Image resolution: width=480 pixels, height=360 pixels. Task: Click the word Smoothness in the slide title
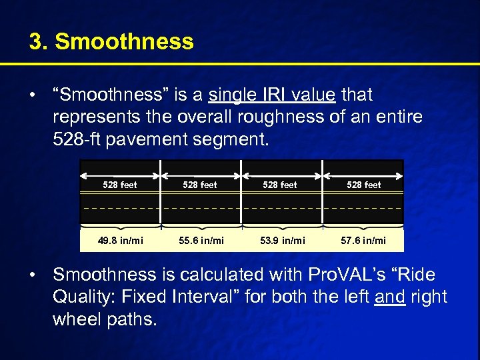click(125, 42)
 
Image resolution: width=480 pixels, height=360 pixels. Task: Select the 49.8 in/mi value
click(120, 240)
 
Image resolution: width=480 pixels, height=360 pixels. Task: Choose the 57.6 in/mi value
click(363, 240)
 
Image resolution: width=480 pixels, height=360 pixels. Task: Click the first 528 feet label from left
click(120, 185)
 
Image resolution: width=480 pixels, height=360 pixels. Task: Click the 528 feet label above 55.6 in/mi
click(200, 185)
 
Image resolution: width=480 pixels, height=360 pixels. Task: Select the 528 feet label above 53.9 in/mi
click(280, 185)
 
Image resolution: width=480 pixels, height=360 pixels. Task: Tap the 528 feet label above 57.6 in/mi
click(364, 185)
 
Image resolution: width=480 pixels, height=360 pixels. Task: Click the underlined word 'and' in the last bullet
click(390, 297)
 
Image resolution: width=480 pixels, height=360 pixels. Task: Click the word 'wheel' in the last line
click(77, 319)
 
